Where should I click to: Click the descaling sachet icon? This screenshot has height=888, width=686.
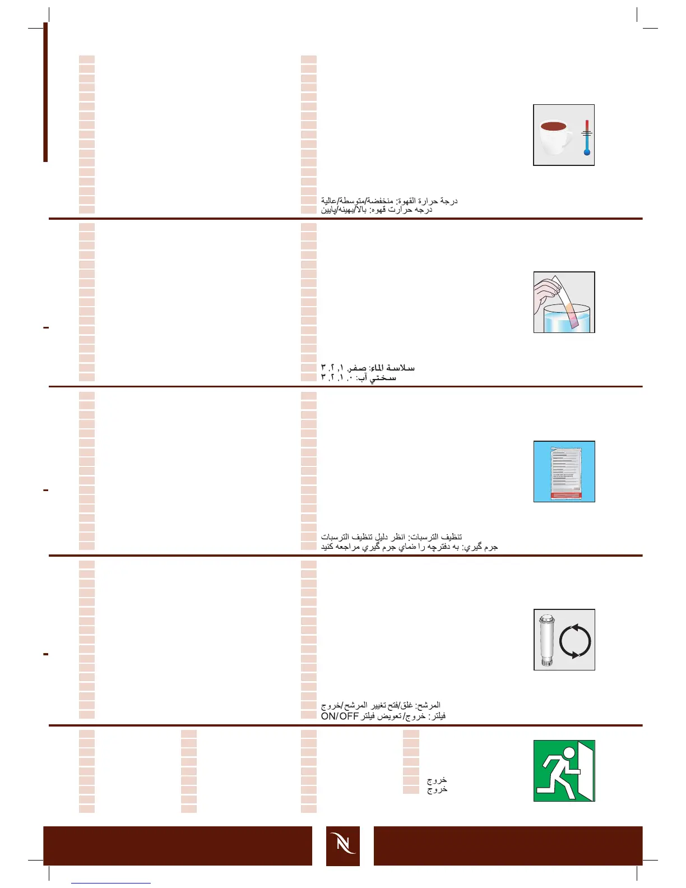(x=564, y=471)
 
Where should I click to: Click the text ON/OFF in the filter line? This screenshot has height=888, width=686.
(x=340, y=716)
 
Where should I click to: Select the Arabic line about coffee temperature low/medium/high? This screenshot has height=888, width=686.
(x=389, y=200)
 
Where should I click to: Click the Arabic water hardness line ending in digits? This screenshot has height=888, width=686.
(x=368, y=368)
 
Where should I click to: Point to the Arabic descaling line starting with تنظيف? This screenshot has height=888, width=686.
(x=391, y=536)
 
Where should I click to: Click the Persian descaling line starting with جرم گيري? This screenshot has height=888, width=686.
(x=409, y=547)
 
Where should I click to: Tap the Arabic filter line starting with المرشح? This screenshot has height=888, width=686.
(x=381, y=705)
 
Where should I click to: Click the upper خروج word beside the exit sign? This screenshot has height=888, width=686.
(x=437, y=780)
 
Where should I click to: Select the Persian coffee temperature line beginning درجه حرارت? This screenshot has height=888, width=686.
(x=376, y=210)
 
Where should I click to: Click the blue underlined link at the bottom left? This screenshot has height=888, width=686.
(x=111, y=883)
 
